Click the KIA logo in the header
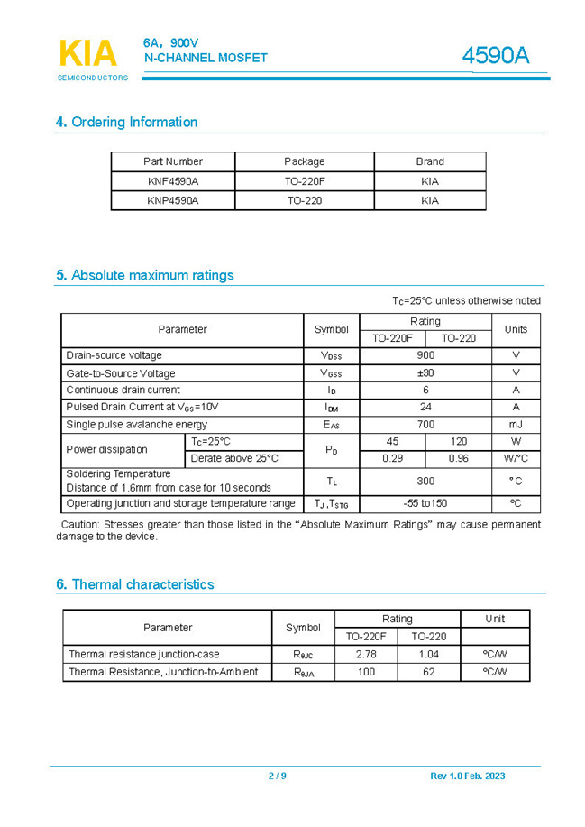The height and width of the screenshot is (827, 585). point(88,55)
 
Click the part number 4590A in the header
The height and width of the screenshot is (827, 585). point(495,56)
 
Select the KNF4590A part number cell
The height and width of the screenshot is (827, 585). point(173,181)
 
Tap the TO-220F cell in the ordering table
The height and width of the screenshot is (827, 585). point(304,181)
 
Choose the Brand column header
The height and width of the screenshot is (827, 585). point(430,161)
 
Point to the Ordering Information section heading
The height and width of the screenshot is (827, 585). point(126,122)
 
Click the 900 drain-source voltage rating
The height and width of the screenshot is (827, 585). point(425,355)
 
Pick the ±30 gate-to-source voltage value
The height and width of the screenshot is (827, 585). point(425,373)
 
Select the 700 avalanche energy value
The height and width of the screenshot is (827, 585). point(425,425)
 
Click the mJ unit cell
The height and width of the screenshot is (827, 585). point(516,425)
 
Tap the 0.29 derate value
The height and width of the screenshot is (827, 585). point(392,459)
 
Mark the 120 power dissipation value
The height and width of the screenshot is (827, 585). point(458,442)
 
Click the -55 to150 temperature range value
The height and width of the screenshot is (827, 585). point(425,503)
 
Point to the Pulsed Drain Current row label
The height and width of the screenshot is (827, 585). point(142,408)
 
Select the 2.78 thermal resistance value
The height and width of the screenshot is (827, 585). point(366,654)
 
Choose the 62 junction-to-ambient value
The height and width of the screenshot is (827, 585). point(428,672)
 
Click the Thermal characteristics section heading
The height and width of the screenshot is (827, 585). point(135,584)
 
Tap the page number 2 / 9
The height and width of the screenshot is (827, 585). point(277,776)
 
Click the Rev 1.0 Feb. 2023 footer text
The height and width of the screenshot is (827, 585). point(468,776)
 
